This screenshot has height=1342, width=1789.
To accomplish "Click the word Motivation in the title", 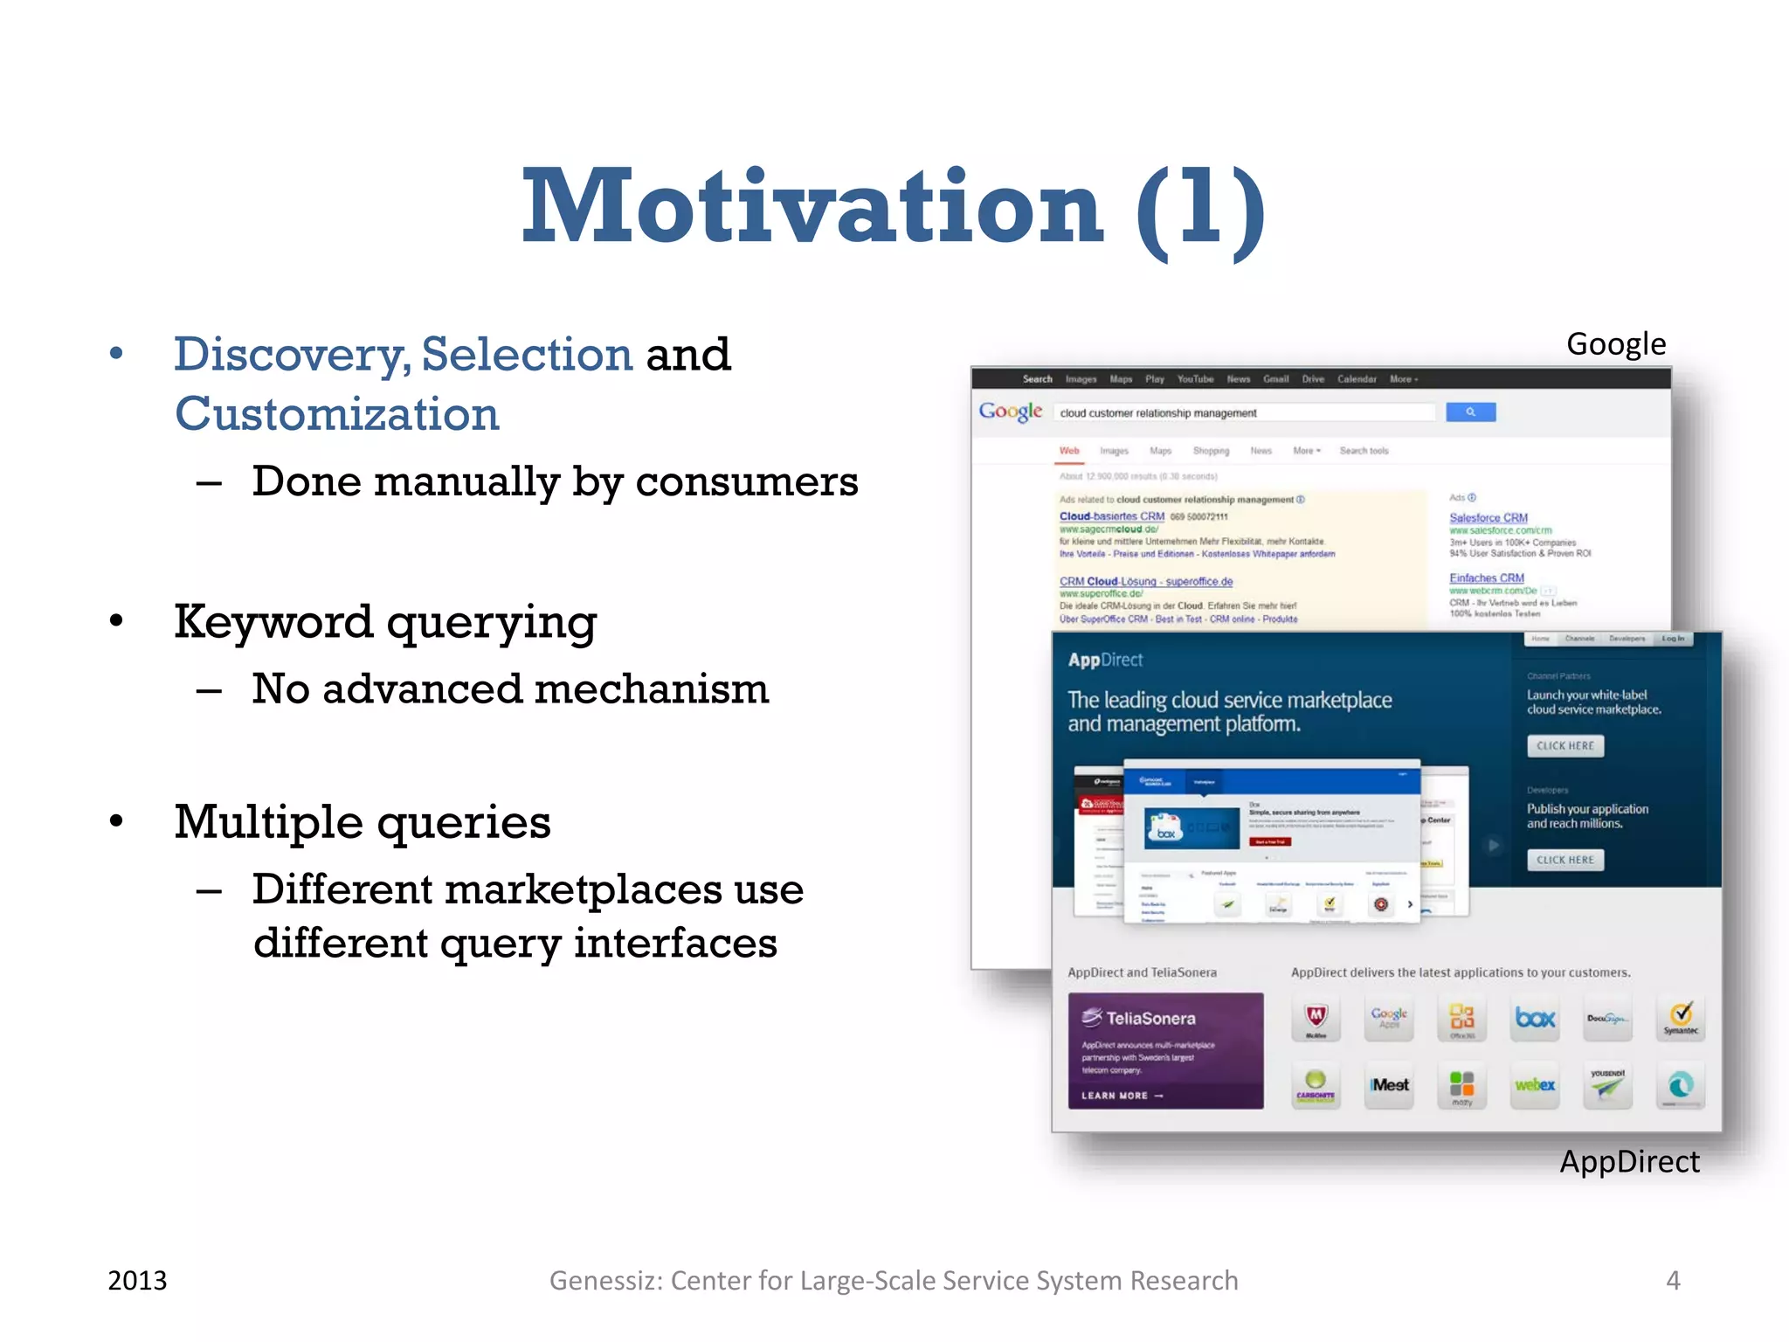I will [812, 208].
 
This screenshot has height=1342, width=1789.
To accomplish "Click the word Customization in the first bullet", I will [337, 414].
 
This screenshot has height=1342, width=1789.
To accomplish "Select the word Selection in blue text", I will [527, 355].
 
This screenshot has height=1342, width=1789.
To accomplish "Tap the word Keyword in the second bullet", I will [273, 622].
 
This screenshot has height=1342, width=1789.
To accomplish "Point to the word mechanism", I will [652, 689].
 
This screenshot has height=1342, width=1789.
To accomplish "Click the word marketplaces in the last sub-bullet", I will [583, 890].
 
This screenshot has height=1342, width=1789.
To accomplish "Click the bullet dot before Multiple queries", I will [116, 821].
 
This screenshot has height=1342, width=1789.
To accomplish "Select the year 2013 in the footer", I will [137, 1280].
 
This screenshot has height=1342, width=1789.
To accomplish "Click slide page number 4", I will [1673, 1280].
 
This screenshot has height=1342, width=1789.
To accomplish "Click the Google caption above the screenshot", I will [1616, 344].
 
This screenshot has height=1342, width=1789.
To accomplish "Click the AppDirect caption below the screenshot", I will [1629, 1162].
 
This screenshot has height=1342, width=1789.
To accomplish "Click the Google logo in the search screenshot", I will [1010, 412].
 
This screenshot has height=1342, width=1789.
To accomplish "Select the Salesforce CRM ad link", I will [1489, 518].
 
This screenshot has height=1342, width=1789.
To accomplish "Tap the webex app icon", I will [1535, 1085].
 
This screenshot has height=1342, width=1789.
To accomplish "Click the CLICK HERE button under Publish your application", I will [1565, 860].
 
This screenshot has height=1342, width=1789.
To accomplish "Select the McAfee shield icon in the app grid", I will [1316, 1018].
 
